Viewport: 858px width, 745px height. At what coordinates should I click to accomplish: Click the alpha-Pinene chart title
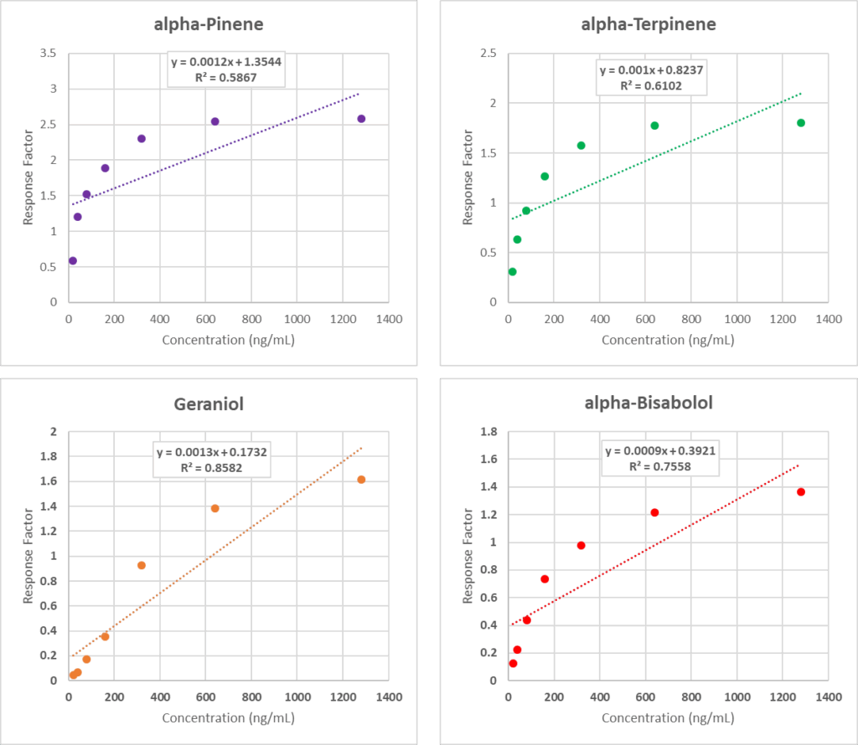tap(209, 23)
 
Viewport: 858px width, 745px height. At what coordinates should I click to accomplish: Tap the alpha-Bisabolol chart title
tap(648, 403)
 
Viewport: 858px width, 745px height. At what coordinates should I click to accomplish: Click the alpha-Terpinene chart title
tap(648, 23)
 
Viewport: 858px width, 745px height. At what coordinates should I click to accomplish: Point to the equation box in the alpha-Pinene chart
tap(225, 69)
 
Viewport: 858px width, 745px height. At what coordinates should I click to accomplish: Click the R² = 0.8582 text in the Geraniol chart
tap(212, 467)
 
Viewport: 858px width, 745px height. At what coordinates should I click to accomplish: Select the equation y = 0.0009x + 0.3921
tap(662, 451)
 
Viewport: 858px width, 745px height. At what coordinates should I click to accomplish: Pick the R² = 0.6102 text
tap(651, 85)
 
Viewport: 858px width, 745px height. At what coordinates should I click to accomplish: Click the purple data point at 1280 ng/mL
tap(361, 119)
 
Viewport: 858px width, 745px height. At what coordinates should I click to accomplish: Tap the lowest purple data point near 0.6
tap(73, 260)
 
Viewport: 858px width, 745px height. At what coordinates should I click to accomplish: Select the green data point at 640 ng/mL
tap(654, 126)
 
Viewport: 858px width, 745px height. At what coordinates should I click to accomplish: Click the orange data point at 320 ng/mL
tap(142, 565)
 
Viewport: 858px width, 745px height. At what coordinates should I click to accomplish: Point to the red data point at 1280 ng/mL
tap(801, 491)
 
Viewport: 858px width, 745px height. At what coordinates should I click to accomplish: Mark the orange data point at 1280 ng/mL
tap(361, 480)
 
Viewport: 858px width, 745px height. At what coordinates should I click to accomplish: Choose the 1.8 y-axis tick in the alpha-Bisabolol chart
tap(488, 432)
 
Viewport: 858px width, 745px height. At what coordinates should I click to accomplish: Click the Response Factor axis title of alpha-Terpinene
tap(468, 177)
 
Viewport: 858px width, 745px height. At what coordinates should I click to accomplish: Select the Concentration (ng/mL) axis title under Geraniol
tap(228, 718)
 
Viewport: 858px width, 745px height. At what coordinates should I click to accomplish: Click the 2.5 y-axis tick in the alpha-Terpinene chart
tap(488, 54)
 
